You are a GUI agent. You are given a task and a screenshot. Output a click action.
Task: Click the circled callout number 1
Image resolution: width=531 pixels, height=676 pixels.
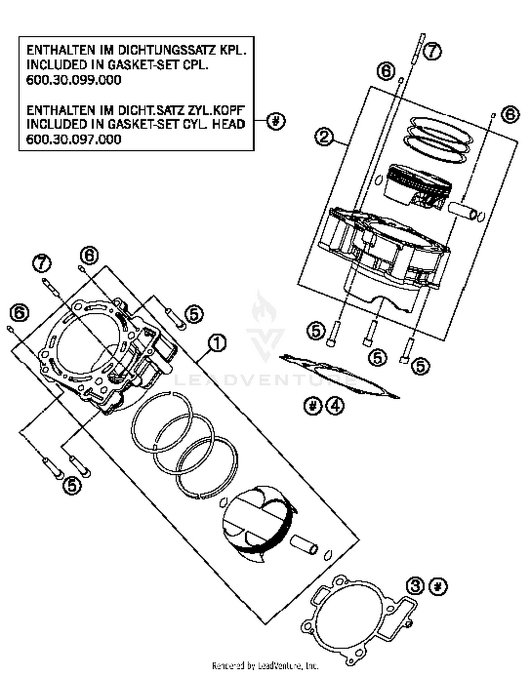click(217, 344)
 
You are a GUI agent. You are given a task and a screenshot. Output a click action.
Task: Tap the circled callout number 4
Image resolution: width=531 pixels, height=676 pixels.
click(335, 406)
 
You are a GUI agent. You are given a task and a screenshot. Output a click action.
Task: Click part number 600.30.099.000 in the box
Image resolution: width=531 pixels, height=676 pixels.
click(74, 80)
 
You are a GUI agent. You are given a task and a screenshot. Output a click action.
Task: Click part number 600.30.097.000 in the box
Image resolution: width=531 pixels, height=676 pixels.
click(74, 139)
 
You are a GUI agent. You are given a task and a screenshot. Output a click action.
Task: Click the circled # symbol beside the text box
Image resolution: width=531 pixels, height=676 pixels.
click(276, 121)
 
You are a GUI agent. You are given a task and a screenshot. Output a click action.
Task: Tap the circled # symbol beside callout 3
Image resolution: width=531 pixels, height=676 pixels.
click(438, 587)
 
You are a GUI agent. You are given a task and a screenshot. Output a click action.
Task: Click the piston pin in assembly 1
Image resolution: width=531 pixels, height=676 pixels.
click(304, 545)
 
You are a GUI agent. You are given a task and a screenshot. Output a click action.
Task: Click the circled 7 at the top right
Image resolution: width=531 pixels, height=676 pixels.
click(432, 51)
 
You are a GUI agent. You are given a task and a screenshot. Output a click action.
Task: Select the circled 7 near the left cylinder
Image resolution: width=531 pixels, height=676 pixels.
click(42, 264)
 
